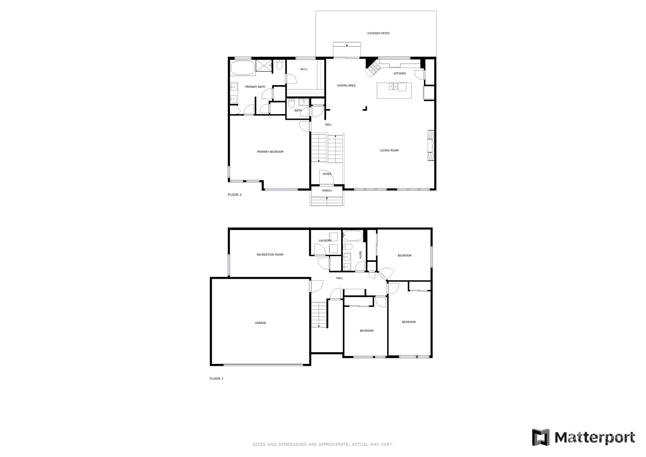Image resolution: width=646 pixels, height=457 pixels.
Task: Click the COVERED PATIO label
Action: [378, 33]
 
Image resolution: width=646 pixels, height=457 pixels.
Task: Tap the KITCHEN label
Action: [399, 73]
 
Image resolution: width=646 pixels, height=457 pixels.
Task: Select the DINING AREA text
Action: [346, 86]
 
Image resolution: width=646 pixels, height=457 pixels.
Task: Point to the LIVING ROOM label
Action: [389, 150]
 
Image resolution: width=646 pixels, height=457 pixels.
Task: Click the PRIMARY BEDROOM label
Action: [270, 152]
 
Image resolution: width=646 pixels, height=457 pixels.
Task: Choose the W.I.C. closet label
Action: [304, 69]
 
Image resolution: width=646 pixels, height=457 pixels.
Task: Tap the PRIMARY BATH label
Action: [255, 87]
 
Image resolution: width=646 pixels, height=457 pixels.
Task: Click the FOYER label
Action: [327, 174]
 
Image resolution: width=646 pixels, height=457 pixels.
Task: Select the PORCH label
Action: [327, 190]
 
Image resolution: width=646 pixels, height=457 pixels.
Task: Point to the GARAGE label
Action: [260, 323]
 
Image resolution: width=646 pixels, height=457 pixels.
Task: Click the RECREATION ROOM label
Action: [269, 255]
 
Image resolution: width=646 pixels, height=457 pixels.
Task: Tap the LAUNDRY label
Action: [325, 241]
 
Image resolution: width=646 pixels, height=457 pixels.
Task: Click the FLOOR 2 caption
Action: [235, 195]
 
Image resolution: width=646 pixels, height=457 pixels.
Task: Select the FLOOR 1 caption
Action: [216, 378]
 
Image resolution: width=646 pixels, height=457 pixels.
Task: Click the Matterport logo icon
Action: [540, 437]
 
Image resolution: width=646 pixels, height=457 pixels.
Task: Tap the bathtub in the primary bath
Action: [243, 68]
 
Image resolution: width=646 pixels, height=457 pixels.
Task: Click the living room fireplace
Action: [431, 145]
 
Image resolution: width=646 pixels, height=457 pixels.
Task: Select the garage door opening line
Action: [263, 365]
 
